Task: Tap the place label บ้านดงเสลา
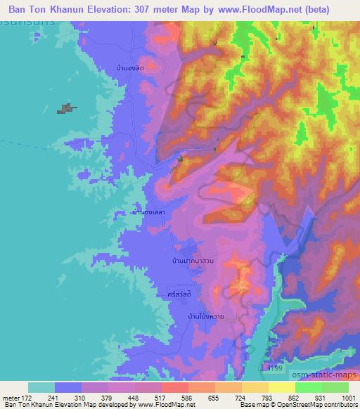[x=148, y=211]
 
